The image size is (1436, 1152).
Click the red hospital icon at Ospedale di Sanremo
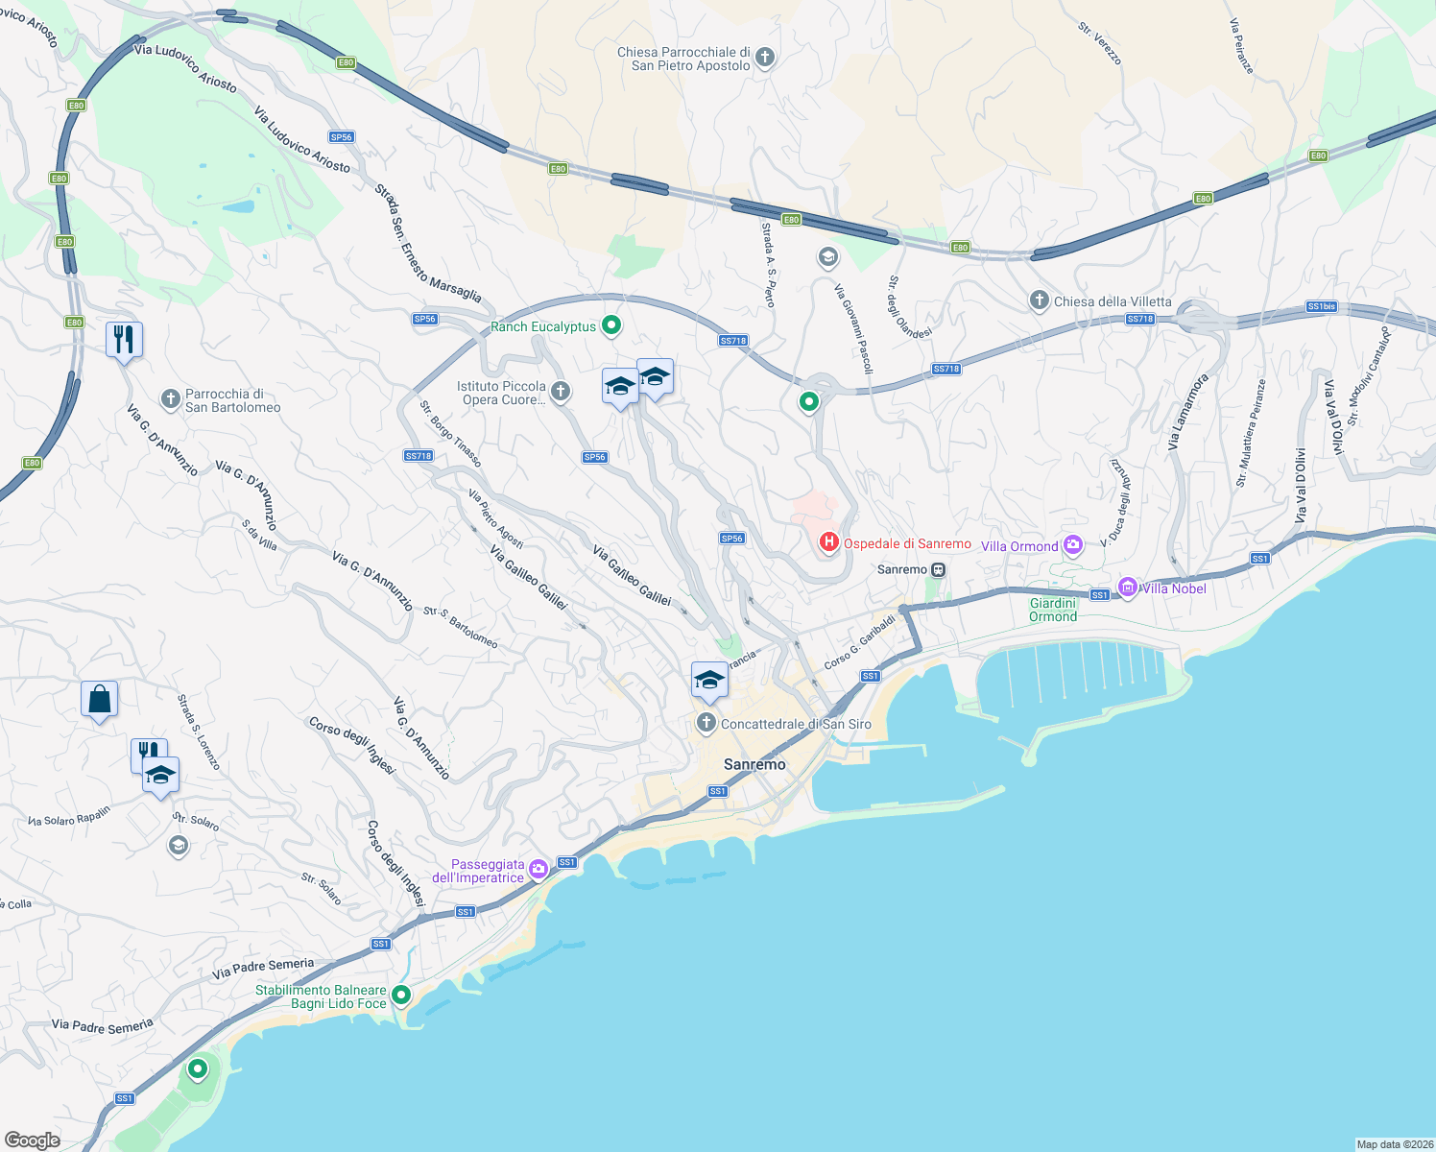828,543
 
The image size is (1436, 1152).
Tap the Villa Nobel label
1174,588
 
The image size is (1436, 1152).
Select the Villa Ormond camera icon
1073,545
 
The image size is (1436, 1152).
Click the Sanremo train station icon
939,569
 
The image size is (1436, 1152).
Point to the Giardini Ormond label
1053,610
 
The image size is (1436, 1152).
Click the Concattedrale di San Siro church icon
706,723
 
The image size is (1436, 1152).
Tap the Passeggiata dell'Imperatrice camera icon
538,869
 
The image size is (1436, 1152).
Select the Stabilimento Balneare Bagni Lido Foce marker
401,995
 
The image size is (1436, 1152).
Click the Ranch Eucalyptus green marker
610,325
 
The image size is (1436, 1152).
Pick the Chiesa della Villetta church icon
1039,300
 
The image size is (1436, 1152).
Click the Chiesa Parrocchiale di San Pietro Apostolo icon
765,58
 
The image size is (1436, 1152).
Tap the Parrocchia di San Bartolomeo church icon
170,399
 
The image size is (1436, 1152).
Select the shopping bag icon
99,700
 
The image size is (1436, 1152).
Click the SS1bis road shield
1321,307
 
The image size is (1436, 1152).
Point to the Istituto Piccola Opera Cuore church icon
561,391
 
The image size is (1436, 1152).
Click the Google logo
33,1140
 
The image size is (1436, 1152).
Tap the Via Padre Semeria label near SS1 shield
263,968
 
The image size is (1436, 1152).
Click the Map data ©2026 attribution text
1395,1144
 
